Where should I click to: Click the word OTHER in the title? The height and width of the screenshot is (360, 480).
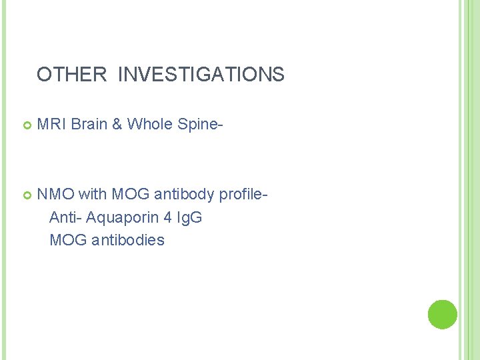point(71,75)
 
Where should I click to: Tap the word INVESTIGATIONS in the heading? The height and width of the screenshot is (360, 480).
point(201,75)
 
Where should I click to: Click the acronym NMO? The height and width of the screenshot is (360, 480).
point(55,195)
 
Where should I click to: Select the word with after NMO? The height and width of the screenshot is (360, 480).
point(92,195)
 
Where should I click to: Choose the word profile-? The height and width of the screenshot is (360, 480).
point(244,195)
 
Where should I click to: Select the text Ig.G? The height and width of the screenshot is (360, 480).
point(189,218)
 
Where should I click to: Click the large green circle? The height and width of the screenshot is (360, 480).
point(442,314)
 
